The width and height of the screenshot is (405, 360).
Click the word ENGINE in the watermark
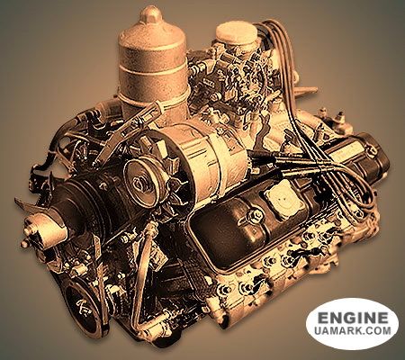coord(353,318)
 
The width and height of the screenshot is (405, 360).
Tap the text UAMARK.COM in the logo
coord(353,331)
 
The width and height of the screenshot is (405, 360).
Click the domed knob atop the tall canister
coord(151,14)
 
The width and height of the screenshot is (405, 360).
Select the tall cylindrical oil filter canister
coord(152,65)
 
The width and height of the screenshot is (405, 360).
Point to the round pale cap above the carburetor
coord(237,33)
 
